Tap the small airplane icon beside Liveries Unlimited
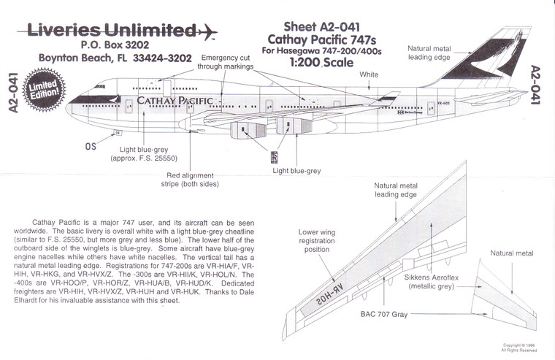(207, 32)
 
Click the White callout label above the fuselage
(369, 75)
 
